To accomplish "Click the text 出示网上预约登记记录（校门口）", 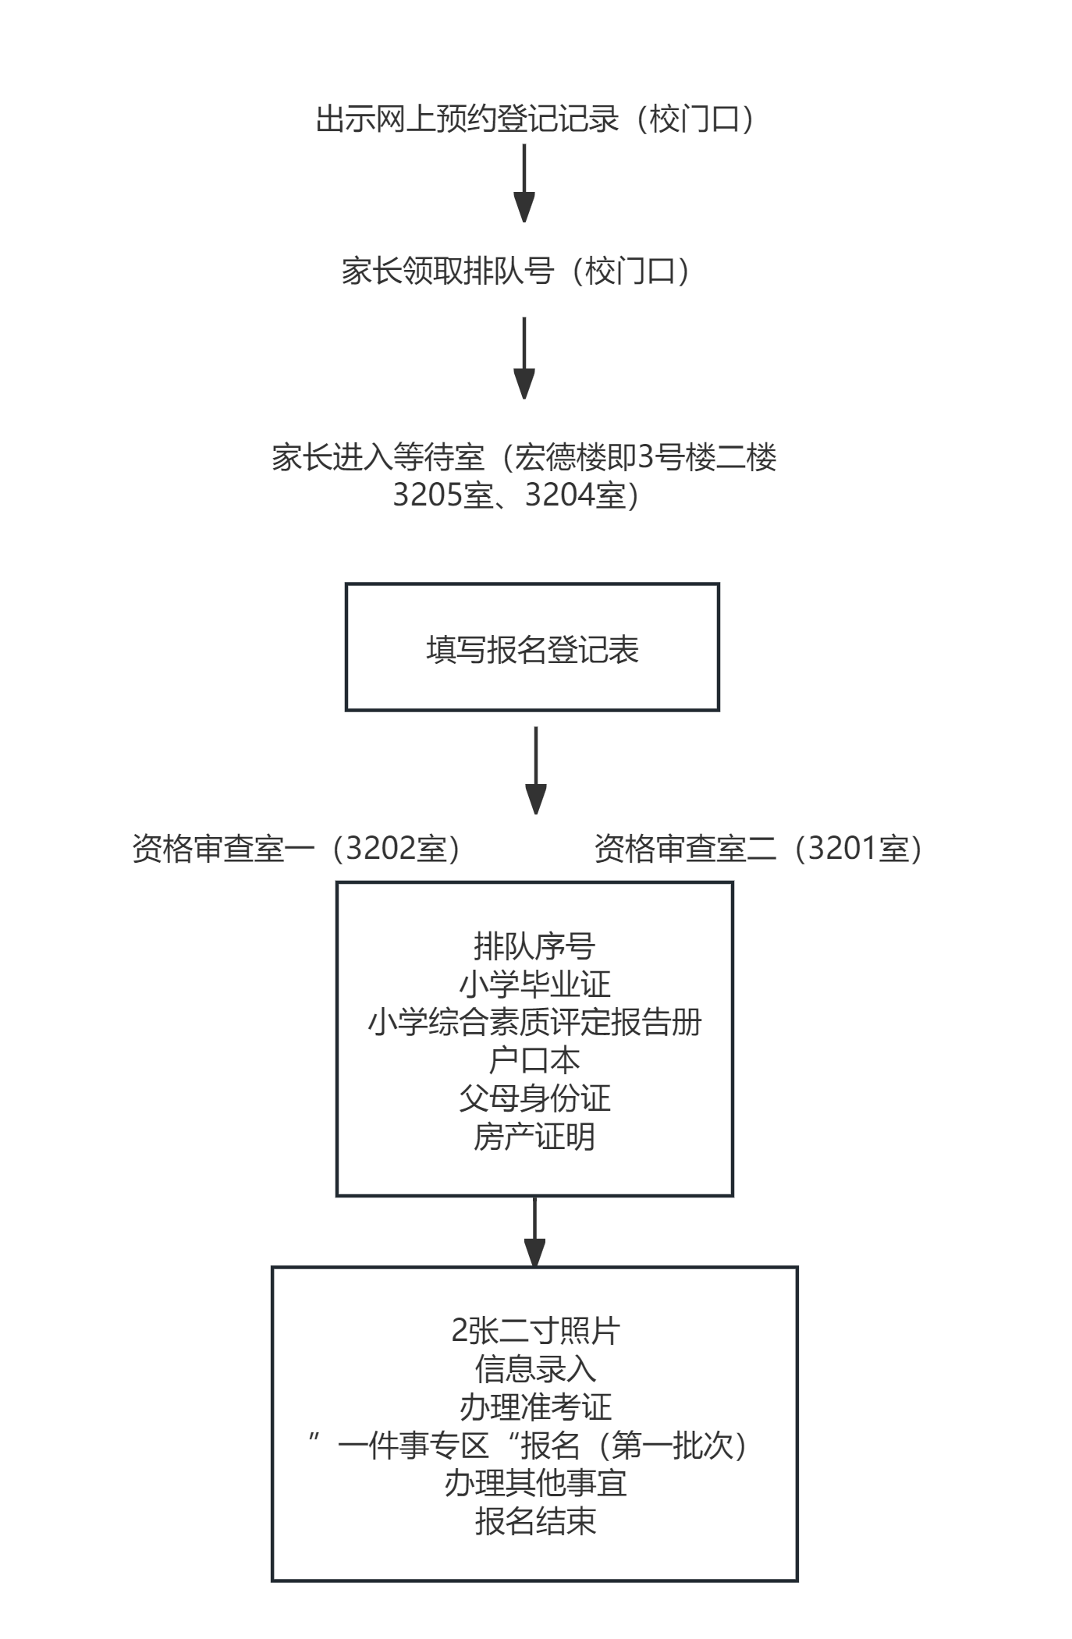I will point(535,119).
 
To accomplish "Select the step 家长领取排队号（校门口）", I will point(516,271).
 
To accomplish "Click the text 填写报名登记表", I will point(532,649).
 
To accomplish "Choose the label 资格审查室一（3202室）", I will point(297,849).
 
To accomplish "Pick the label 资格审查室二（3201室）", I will point(759,849).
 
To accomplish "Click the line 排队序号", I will point(534,946).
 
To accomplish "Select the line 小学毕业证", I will point(534,984).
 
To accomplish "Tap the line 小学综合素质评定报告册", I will point(534,1022).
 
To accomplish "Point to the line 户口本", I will point(534,1060).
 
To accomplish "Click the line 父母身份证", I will point(534,1098).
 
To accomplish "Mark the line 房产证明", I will point(534,1137).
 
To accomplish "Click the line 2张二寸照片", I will point(535,1331).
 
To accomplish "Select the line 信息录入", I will point(535,1369).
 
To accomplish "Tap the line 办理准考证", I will point(535,1407).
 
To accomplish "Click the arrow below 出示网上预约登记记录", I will point(524,183).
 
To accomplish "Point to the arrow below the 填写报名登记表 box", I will point(535,770).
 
